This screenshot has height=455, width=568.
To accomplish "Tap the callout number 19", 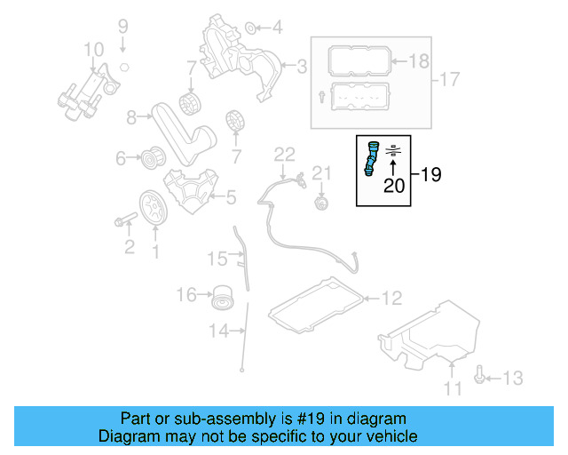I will pyautogui.click(x=430, y=175).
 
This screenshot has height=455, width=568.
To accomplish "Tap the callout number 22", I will pyautogui.click(x=283, y=155).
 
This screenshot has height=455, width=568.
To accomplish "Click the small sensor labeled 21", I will pyautogui.click(x=321, y=204).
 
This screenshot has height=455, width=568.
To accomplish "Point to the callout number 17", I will pyautogui.click(x=450, y=80).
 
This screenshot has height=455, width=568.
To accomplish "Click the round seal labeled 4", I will pyautogui.click(x=251, y=27).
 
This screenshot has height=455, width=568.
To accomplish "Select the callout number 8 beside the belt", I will pyautogui.click(x=131, y=116).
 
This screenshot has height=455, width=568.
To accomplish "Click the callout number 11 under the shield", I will pyautogui.click(x=453, y=387).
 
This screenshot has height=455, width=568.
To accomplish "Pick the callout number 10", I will pyautogui.click(x=93, y=48).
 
